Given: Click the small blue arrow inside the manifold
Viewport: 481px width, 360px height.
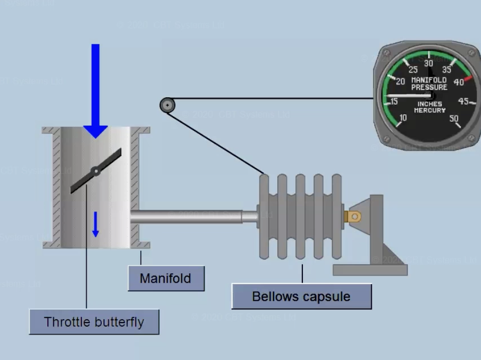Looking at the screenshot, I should tap(95, 224).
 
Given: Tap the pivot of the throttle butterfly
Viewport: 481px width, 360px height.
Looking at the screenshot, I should tap(96, 171).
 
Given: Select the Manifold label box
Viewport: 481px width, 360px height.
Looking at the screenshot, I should tap(166, 278).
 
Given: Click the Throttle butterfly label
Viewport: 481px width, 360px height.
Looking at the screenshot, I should tap(94, 322).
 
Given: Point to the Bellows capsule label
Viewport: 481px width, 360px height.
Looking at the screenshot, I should tap(301, 297).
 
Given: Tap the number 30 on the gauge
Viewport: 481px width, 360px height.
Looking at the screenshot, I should tap(429, 63).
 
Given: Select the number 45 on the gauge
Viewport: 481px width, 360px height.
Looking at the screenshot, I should tap(463, 101).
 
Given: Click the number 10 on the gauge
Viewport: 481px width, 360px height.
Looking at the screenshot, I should tap(403, 118).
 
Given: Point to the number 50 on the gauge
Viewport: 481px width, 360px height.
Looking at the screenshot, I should tap(454, 118).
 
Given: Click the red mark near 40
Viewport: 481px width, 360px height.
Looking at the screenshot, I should tap(468, 78).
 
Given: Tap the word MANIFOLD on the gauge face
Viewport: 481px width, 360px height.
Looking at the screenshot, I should tap(429, 80).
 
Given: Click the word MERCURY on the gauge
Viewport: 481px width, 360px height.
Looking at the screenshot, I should tap(429, 110).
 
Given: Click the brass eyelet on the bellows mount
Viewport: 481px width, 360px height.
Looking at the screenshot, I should tap(354, 216).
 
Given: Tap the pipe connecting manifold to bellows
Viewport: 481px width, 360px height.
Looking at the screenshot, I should tap(195, 216).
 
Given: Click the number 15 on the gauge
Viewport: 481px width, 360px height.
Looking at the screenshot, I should tap(394, 102).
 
